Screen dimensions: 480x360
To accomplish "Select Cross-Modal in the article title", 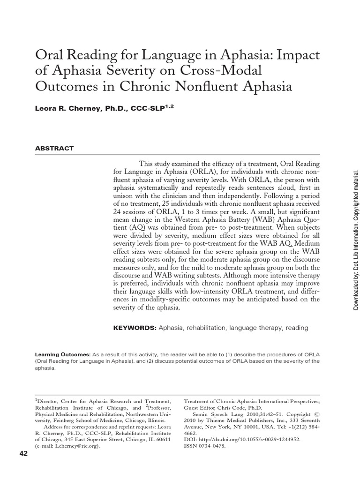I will (220, 71).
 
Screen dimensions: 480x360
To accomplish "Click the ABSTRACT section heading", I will (54, 148).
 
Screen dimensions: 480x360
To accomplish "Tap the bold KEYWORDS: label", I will (134, 328).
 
